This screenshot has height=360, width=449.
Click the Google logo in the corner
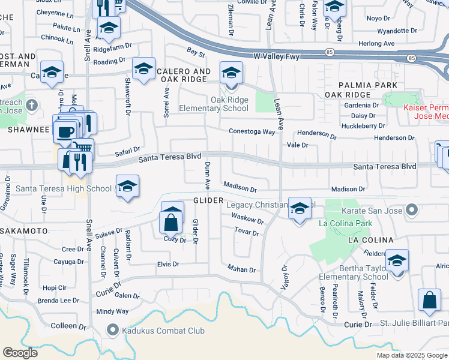20,353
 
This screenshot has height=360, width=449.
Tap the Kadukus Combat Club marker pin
112,329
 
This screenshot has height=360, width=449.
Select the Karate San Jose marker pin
412,210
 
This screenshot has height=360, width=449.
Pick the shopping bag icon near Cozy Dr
172,221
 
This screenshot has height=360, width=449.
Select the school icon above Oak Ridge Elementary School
231,73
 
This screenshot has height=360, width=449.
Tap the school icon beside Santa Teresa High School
127,187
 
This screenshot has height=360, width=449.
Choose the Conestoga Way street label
251,131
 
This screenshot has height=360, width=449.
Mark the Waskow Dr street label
247,219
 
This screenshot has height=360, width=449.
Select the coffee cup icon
65,130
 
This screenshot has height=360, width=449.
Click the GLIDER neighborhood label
208,200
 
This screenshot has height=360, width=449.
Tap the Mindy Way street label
112,311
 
